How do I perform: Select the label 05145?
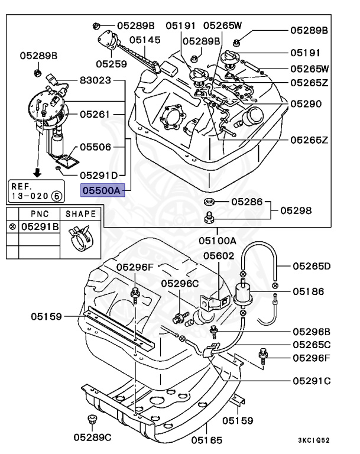(x=145, y=40)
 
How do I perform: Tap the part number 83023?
(x=95, y=80)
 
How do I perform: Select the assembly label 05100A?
(x=217, y=241)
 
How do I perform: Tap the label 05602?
(x=219, y=256)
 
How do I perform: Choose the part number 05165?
(x=206, y=439)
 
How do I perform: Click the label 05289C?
(x=93, y=437)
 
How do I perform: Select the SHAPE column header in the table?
(x=81, y=213)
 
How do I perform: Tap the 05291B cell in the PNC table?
(x=40, y=226)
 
